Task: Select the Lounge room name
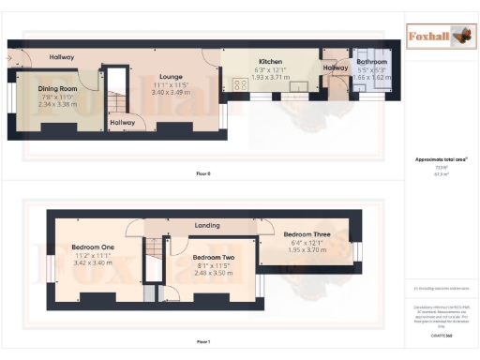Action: coord(170,78)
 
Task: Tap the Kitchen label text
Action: coord(258,61)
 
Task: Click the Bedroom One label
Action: coord(92,247)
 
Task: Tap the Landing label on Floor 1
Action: coord(206,226)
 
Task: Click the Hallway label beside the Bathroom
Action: coord(336,67)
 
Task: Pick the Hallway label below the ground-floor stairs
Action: coord(121,121)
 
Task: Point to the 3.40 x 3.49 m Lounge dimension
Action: coord(170,93)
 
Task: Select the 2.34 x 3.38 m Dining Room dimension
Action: coord(57,103)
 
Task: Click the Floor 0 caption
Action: coord(203,174)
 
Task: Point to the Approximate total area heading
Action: coord(441,159)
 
